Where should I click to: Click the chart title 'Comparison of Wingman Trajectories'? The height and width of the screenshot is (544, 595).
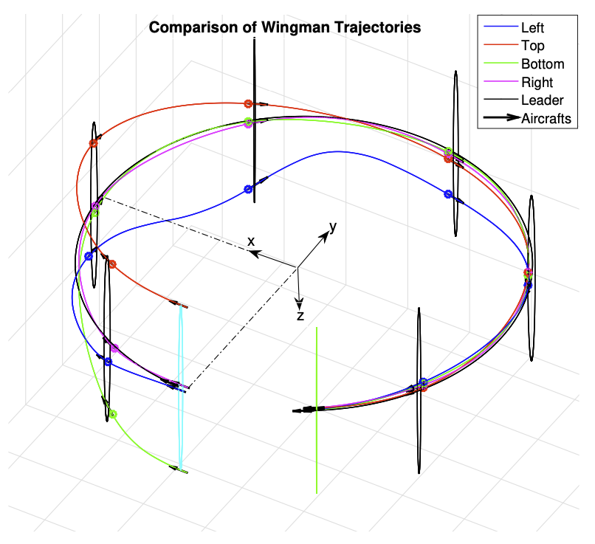(x=285, y=28)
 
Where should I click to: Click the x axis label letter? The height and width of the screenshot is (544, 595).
(x=251, y=241)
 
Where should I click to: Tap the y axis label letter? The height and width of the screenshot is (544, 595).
(x=333, y=227)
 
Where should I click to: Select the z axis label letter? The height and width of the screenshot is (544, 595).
(x=300, y=316)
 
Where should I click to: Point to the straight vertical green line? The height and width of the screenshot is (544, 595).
(x=317, y=443)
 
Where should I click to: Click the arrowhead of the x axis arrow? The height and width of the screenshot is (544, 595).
(x=252, y=253)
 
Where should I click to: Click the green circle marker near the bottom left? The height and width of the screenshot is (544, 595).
(x=113, y=414)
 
